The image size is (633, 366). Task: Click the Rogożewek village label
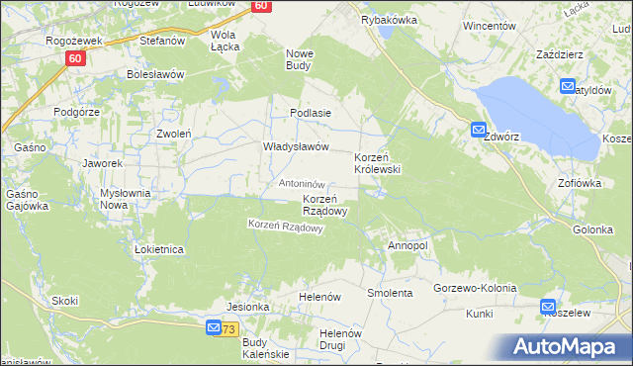pyautogui.click(x=69, y=41)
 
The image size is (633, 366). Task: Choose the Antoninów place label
pyautogui.click(x=302, y=184)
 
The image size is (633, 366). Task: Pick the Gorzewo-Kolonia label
pyautogui.click(x=475, y=288)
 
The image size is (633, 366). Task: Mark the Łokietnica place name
pyautogui.click(x=159, y=249)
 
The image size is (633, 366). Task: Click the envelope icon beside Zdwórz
pyautogui.click(x=478, y=129)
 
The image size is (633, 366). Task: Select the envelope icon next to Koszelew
pyautogui.click(x=548, y=307)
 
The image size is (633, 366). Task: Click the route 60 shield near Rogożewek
pyautogui.click(x=75, y=59)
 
